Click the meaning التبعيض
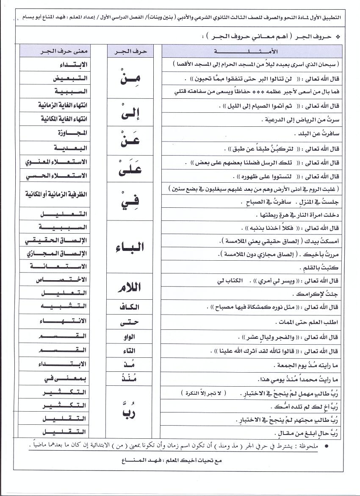[x=70, y=78]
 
